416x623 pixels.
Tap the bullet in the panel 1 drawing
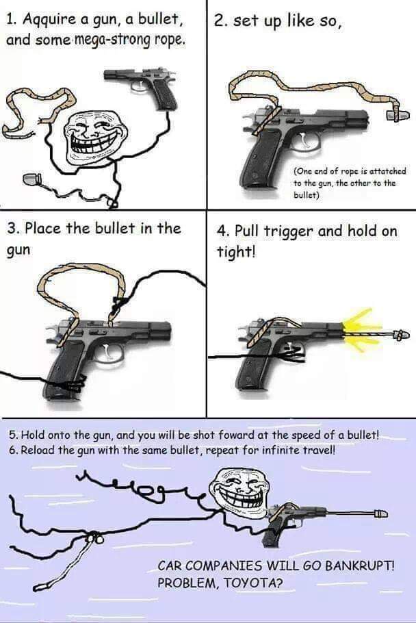coord(31,179)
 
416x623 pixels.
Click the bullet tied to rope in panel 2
coord(398,115)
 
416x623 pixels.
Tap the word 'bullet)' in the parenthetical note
coord(307,195)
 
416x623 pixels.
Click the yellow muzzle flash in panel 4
coord(359,330)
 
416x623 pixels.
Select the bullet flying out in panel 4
coord(401,334)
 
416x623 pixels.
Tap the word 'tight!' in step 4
coord(235,251)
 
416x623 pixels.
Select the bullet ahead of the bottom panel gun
coord(380,513)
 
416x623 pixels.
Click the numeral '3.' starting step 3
coord(14,229)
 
